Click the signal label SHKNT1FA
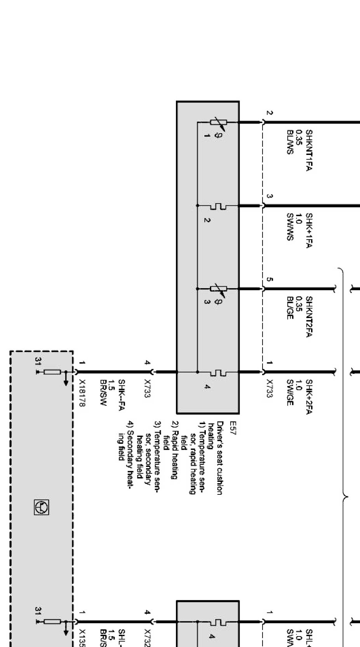pyautogui.click(x=309, y=150)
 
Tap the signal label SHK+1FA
pyautogui.click(x=309, y=230)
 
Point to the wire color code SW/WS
pyautogui.click(x=289, y=227)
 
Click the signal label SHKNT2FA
pyautogui.click(x=309, y=317)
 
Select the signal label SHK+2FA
pyautogui.click(x=309, y=397)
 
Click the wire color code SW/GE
pyautogui.click(x=289, y=393)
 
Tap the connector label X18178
pyautogui.click(x=82, y=393)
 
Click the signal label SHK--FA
pyautogui.click(x=121, y=393)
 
